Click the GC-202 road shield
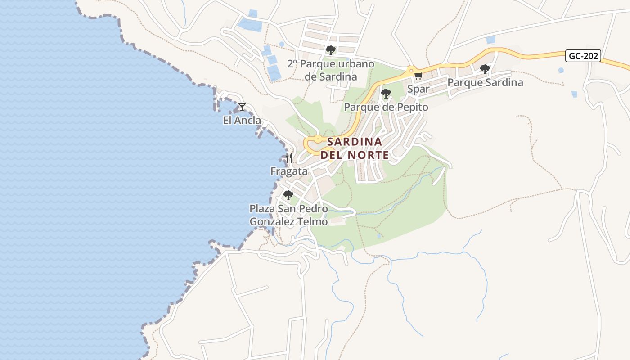[x=584, y=56]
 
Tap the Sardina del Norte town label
[x=355, y=148]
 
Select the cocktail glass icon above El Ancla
[x=242, y=107]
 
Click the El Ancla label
[x=242, y=120]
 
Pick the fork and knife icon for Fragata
[x=289, y=158]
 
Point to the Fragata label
[x=289, y=171]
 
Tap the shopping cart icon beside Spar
[x=418, y=76]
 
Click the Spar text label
[x=418, y=89]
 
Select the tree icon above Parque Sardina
[x=485, y=69]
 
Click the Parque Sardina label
[x=485, y=82]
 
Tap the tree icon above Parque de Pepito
[x=386, y=94]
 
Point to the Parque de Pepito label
[x=386, y=107]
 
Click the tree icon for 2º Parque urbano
[x=331, y=50]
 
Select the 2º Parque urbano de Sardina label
[x=331, y=70]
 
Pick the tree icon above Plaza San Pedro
[x=288, y=196]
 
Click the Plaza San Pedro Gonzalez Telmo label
[x=288, y=215]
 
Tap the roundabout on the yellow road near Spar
[x=410, y=70]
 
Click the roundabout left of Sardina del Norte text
[x=318, y=139]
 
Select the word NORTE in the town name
[x=366, y=155]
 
